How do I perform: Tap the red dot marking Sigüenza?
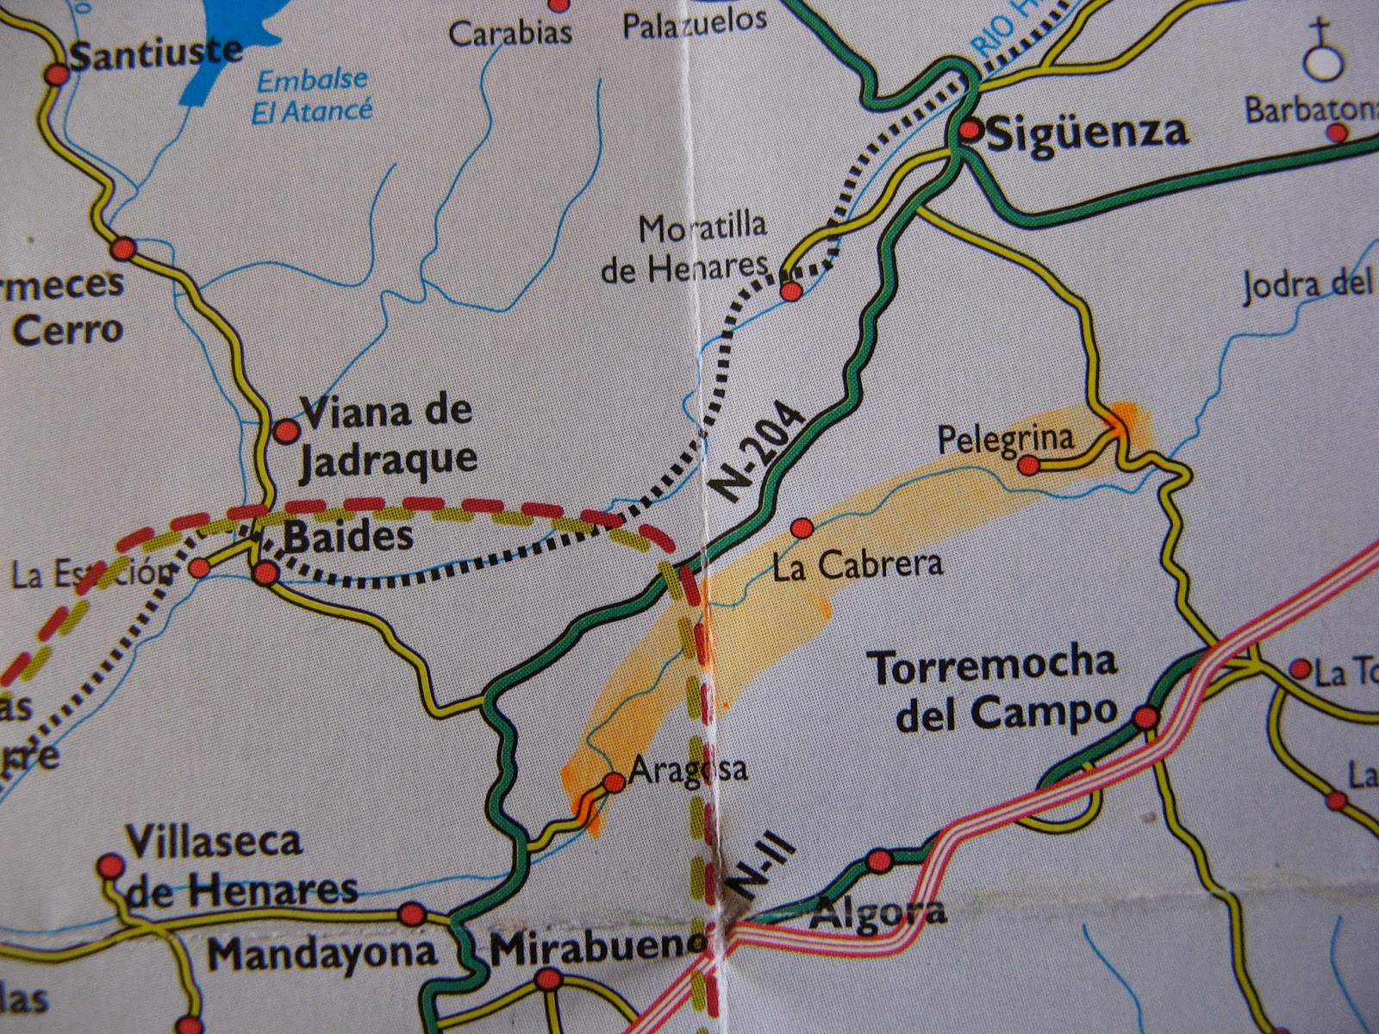970,130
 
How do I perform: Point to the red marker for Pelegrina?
1027,465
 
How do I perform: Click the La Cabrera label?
858,564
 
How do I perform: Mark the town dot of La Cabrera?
802,526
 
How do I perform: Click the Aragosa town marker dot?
614,782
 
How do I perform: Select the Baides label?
348,538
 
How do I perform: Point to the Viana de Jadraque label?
386,435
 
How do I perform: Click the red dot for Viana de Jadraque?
284,430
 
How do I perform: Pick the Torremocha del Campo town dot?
1145,717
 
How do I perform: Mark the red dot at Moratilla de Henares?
790,291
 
